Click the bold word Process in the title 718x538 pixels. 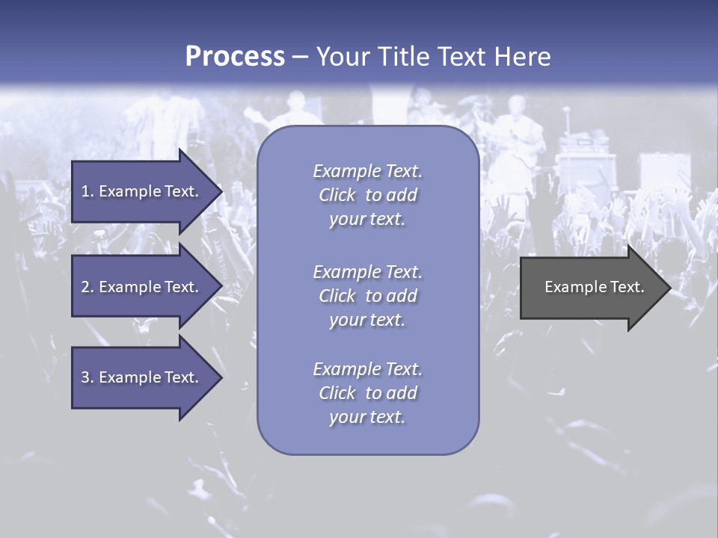(x=235, y=57)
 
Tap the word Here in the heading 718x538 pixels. (x=521, y=57)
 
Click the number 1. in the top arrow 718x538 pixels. (x=88, y=191)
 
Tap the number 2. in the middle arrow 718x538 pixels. (x=88, y=287)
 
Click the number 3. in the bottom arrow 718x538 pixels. (x=88, y=377)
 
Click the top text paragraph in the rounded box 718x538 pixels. (x=367, y=195)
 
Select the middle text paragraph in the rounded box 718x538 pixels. (x=367, y=296)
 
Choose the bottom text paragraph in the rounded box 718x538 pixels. (x=367, y=393)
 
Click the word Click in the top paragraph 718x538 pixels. (x=337, y=195)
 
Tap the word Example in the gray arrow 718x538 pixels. (x=573, y=287)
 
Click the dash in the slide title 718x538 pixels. (x=300, y=57)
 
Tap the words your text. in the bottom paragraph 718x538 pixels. (x=367, y=417)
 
